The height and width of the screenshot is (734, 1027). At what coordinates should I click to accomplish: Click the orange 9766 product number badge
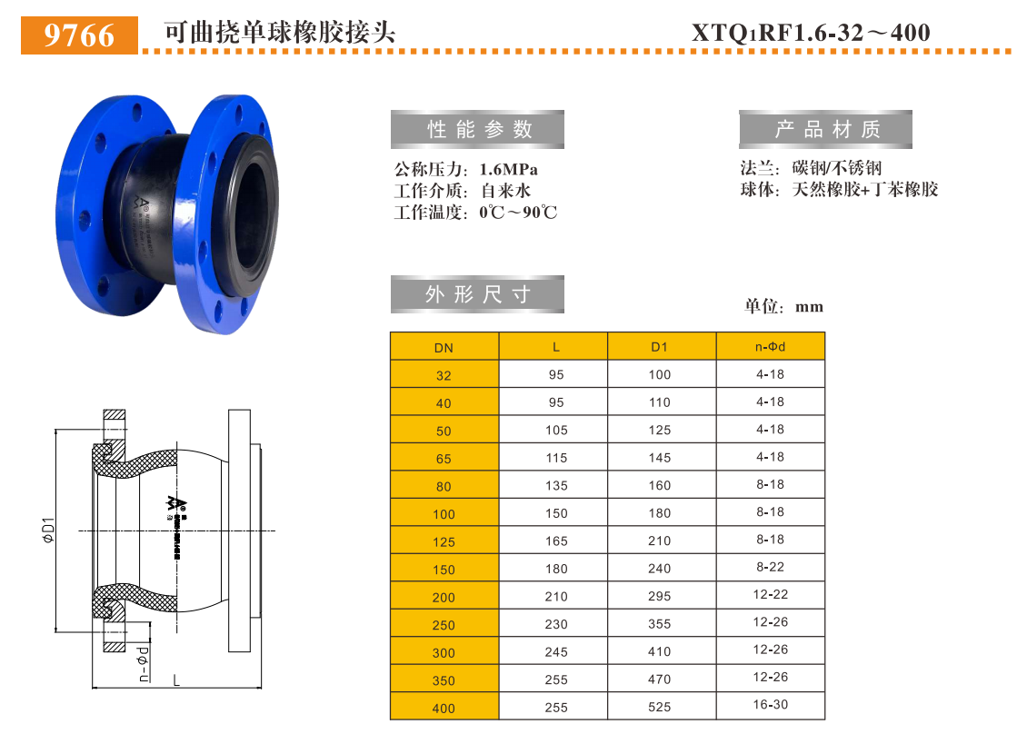pyautogui.click(x=79, y=35)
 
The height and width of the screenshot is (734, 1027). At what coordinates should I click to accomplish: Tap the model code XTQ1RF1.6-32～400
pyautogui.click(x=811, y=33)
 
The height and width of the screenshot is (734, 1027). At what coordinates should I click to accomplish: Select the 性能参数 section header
pyautogui.click(x=477, y=129)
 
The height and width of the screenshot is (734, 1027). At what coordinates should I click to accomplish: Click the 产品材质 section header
pyautogui.click(x=825, y=129)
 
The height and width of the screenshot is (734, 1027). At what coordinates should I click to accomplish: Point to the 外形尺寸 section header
pyautogui.click(x=477, y=294)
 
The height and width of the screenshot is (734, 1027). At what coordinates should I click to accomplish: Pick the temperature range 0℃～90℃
pyautogui.click(x=517, y=213)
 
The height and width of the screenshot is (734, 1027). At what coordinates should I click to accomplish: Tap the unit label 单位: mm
pyautogui.click(x=783, y=306)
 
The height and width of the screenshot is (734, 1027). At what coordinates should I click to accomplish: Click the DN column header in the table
pyautogui.click(x=444, y=347)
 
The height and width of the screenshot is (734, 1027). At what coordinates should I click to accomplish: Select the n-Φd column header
pyautogui.click(x=770, y=346)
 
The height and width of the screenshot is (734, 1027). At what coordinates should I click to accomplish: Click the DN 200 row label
pyautogui.click(x=444, y=597)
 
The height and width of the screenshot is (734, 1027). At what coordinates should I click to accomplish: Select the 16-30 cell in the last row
pyautogui.click(x=770, y=705)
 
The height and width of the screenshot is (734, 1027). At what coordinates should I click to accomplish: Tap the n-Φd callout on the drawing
pyautogui.click(x=143, y=663)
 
